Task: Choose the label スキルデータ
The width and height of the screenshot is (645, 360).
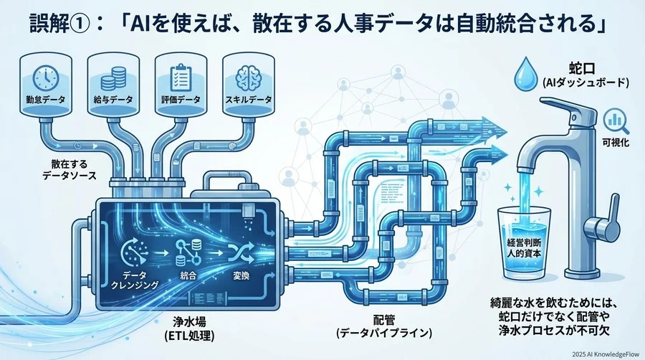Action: pyautogui.click(x=247, y=100)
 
